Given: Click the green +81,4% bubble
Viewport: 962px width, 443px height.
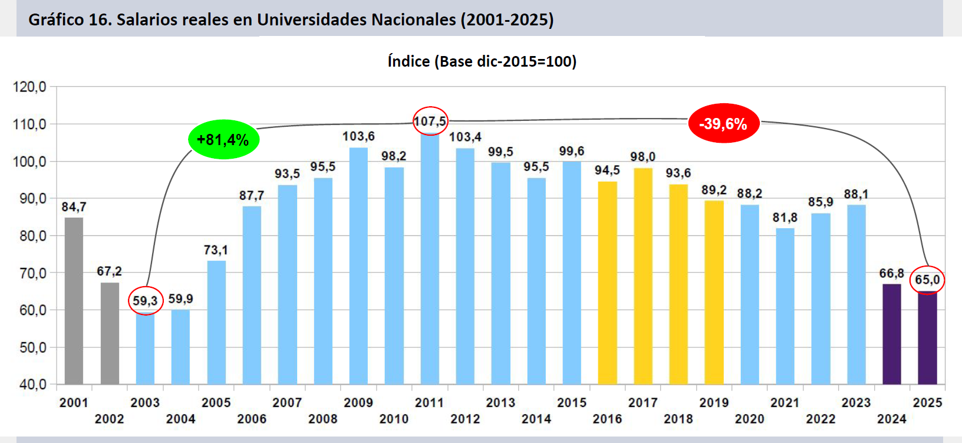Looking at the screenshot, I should tap(223, 140).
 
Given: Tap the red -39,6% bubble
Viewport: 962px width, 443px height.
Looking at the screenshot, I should tap(723, 124).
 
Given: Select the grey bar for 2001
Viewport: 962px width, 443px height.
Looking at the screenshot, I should tap(74, 301).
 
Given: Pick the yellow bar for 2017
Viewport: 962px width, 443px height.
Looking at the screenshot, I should tap(643, 276).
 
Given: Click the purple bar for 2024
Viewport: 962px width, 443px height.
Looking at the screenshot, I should tap(891, 334).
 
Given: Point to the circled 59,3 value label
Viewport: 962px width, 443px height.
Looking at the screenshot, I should tap(145, 301).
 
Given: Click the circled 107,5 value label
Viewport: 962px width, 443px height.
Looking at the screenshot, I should tap(430, 122).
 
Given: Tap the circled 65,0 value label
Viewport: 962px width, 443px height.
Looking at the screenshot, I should tap(927, 280).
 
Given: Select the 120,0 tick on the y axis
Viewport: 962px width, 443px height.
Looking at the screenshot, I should tap(29, 87).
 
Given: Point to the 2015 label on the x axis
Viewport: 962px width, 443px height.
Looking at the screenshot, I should tap(571, 402).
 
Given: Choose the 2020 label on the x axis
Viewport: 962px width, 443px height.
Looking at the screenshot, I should tap(749, 419).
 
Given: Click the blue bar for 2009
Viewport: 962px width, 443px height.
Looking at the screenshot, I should tap(358, 265).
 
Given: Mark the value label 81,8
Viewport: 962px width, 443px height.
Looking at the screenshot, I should tap(785, 218).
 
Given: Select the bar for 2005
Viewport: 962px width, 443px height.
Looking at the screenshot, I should tap(216, 322).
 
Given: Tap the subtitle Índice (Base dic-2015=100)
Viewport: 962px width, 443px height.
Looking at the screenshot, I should tap(482, 61).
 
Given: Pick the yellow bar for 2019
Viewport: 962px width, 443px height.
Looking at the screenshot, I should tap(714, 293).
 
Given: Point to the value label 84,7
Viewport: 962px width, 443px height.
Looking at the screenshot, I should tap(74, 207).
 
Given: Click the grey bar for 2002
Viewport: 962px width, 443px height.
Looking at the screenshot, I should tap(110, 333).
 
